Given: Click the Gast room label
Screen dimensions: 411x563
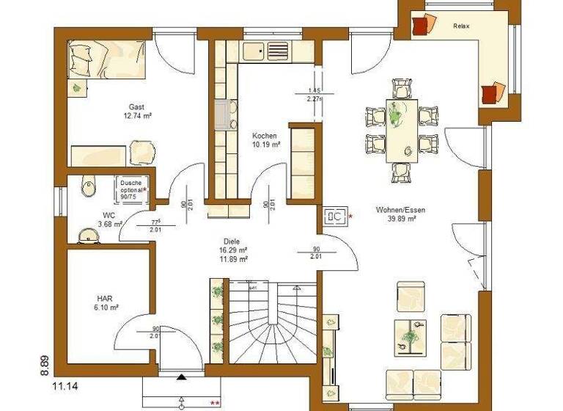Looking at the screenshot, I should point(136,106).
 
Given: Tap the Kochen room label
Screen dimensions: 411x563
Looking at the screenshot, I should point(264,136).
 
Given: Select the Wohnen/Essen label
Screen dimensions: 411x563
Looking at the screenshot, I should point(400,209).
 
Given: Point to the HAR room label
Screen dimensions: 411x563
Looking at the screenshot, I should point(103,299).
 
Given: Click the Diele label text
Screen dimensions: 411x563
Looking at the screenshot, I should point(232,241).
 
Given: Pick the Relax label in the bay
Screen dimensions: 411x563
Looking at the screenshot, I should point(461,26).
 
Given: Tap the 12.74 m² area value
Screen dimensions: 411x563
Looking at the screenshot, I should point(136,115).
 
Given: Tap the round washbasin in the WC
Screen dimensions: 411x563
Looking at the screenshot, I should point(90,234).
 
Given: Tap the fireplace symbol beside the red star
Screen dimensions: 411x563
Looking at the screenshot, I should point(335,216).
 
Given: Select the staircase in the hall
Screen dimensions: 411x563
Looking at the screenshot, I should point(274,323).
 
